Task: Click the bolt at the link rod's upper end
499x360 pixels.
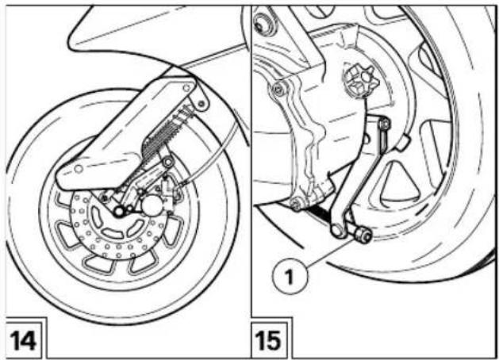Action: pos(385,124)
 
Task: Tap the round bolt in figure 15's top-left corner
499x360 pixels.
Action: pos(262,23)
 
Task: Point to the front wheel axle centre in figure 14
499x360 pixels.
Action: pos(119,211)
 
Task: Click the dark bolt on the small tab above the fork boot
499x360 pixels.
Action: pos(202,103)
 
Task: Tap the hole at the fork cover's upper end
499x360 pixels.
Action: pos(186,87)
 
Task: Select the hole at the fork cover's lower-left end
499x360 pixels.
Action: pos(79,169)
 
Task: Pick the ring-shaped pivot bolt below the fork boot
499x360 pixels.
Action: pos(167,163)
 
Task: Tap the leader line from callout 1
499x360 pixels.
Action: pos(331,253)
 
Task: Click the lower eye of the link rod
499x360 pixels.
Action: pos(338,230)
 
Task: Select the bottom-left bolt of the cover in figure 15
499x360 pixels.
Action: pos(296,204)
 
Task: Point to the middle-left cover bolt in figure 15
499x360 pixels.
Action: pos(279,90)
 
